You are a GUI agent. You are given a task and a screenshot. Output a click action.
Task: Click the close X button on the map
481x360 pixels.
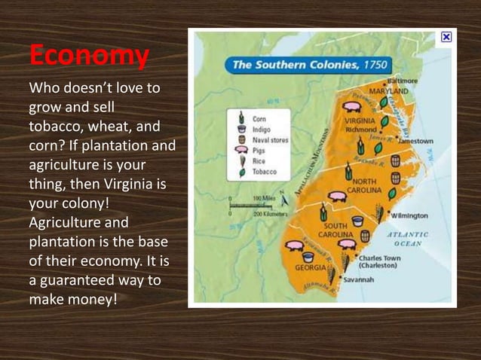[446, 36]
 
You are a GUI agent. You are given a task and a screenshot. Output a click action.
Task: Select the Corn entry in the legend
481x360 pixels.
[259, 118]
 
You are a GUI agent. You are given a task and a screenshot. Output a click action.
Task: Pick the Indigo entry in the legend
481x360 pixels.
[261, 129]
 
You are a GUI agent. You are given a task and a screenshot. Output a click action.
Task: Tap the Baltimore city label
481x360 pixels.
[403, 81]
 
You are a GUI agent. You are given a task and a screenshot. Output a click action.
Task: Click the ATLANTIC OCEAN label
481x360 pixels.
[408, 239]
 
